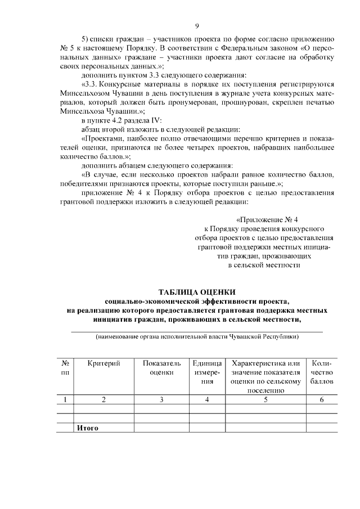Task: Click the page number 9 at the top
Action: pyautogui.click(x=197, y=26)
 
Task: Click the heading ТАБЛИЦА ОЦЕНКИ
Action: pyautogui.click(x=197, y=292)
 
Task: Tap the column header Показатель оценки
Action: pyautogui.click(x=161, y=368)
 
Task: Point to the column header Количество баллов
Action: pyautogui.click(x=322, y=372)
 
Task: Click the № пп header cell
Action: pyautogui.click(x=66, y=368)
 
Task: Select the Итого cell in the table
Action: pyautogui.click(x=88, y=427)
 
